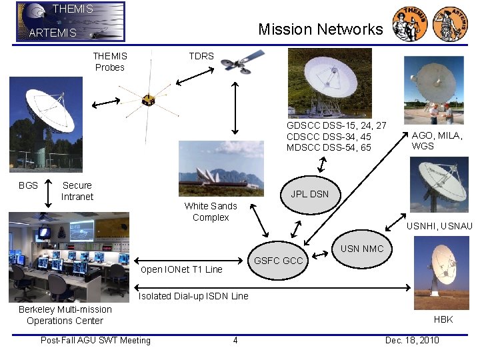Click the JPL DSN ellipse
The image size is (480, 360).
[x=309, y=194]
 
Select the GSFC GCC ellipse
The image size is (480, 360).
[x=279, y=260]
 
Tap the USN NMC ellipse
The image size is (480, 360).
[x=362, y=249]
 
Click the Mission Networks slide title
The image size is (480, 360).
[x=320, y=29]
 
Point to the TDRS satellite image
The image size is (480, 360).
[x=243, y=61]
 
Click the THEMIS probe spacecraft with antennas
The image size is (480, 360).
[x=148, y=100]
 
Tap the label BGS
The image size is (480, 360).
[x=28, y=185]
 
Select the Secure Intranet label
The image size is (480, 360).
[x=77, y=191]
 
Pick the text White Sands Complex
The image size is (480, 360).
[x=211, y=211]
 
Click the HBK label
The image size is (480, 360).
[x=443, y=319]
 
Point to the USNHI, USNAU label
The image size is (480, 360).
[x=439, y=226]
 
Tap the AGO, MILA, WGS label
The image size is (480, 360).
[x=437, y=141]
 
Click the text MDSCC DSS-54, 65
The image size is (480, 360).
[x=329, y=147]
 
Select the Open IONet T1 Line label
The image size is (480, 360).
[x=181, y=269]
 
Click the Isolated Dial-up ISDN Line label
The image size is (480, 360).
[x=193, y=296]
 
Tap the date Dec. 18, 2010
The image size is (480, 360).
[x=412, y=341]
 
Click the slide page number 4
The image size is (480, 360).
[x=235, y=341]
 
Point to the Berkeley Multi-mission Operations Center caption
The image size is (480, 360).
[x=65, y=315]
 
